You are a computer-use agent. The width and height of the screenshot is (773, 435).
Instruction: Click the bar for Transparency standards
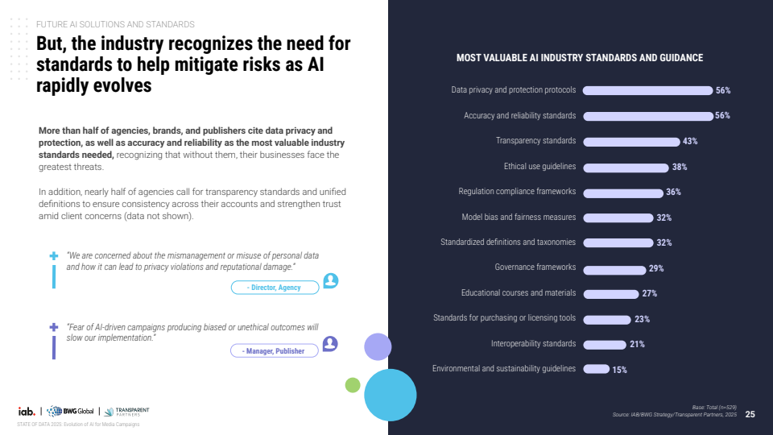(631, 142)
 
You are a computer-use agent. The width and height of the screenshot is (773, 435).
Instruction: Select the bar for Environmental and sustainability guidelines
(597, 369)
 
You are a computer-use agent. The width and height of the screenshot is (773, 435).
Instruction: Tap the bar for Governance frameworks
(614, 271)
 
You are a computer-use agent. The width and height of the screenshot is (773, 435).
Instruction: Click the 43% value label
(690, 142)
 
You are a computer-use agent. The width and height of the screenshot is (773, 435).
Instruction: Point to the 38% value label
(680, 168)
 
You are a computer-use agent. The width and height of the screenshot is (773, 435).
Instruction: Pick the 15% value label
(620, 370)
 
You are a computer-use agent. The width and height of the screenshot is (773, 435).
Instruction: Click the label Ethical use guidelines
(539, 167)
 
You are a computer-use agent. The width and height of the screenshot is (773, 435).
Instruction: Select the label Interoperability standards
(533, 344)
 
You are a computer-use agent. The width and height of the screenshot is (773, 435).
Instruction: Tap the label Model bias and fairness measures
(519, 217)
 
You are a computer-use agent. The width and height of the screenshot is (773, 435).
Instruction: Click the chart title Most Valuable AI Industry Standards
(580, 58)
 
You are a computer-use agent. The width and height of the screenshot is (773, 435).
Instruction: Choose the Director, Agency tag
(275, 288)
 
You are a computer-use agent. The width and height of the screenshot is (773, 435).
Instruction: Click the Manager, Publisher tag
(275, 350)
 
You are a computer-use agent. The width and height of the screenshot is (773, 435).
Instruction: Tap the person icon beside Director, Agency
(331, 280)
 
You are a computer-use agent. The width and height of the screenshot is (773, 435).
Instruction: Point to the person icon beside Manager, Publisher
(330, 344)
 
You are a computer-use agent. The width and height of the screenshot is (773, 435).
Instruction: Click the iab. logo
(27, 412)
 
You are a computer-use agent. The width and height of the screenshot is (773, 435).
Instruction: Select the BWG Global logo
(70, 412)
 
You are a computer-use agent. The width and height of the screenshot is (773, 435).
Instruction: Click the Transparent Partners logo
(126, 412)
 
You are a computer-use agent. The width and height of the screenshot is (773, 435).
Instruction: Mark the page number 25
(750, 414)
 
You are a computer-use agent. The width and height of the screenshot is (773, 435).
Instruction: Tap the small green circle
(353, 385)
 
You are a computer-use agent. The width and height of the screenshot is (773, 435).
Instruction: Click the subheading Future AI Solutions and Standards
(115, 25)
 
